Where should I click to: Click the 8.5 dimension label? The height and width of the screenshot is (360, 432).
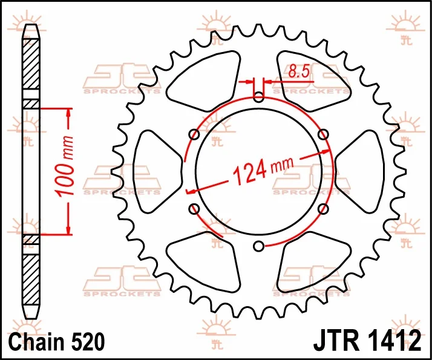click(299, 71)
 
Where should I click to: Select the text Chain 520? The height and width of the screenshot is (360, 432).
click(57, 341)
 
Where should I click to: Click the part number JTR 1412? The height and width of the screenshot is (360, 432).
click(367, 341)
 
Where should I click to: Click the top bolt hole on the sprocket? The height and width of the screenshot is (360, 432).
click(259, 97)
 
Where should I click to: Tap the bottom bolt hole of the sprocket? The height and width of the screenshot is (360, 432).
click(259, 246)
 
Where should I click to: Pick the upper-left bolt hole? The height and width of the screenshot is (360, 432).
click(194, 134)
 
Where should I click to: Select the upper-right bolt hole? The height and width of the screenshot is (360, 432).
click(323, 134)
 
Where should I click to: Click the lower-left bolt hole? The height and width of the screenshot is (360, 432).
click(194, 209)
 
